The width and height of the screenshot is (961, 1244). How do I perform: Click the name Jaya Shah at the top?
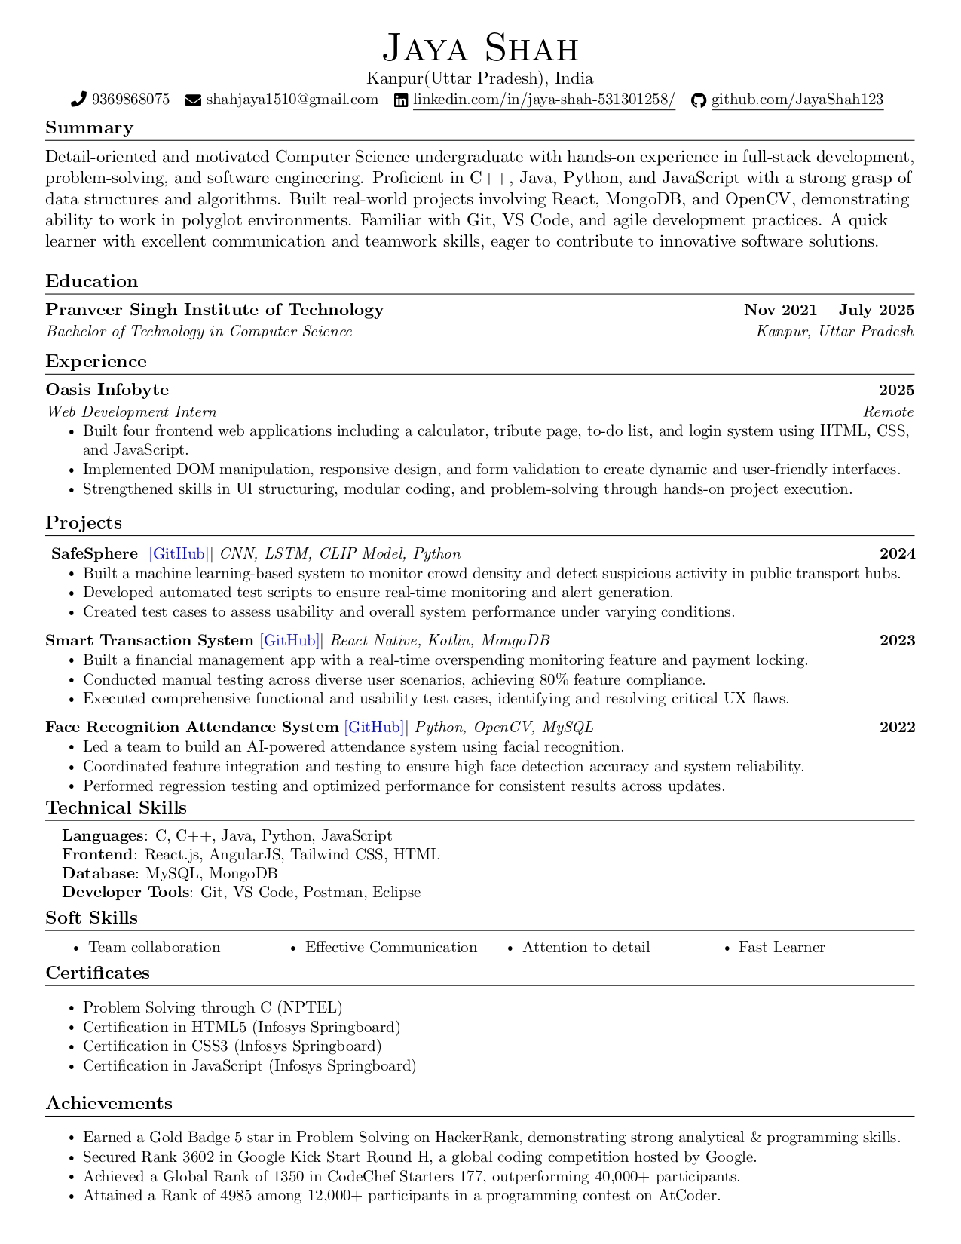(480, 48)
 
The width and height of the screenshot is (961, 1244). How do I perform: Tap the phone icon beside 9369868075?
(78, 100)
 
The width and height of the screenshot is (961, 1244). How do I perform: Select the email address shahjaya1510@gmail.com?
(292, 100)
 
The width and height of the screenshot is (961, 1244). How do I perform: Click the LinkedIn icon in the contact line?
(402, 100)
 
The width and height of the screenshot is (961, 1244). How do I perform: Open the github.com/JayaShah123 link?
(797, 100)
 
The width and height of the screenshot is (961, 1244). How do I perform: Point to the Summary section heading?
(89, 127)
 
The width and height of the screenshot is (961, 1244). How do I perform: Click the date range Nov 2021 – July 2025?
(828, 310)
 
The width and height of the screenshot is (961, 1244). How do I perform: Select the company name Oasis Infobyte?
(107, 390)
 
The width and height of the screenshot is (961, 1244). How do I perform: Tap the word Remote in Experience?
(888, 412)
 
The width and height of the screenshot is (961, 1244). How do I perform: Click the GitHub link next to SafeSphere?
(179, 554)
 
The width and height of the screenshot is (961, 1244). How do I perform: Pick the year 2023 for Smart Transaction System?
(897, 641)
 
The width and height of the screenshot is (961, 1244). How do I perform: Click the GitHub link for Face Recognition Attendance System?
(374, 728)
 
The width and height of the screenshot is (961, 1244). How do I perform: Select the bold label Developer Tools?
(125, 893)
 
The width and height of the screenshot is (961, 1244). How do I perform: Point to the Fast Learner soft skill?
(781, 948)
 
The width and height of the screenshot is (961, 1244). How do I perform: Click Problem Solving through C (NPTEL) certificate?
(212, 1008)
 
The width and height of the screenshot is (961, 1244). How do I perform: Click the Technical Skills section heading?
(116, 808)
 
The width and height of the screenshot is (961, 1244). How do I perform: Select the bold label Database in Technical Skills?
(97, 874)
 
